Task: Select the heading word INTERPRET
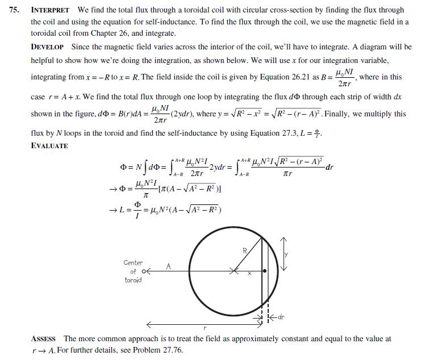coord(50,10)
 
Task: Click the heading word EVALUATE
coord(49,146)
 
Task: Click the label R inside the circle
coord(245,250)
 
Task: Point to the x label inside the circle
coord(248,274)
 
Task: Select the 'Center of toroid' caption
coord(134,271)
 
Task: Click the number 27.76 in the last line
coord(172,350)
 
